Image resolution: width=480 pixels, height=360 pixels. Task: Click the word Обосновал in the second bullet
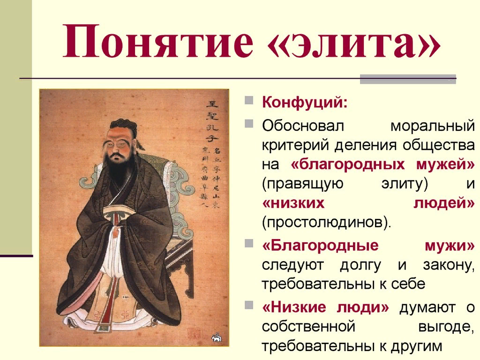[x=303, y=126]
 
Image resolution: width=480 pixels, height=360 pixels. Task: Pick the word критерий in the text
[x=295, y=145]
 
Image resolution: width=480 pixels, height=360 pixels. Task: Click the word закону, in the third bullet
[x=448, y=265]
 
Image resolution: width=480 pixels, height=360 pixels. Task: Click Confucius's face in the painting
[x=118, y=141]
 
